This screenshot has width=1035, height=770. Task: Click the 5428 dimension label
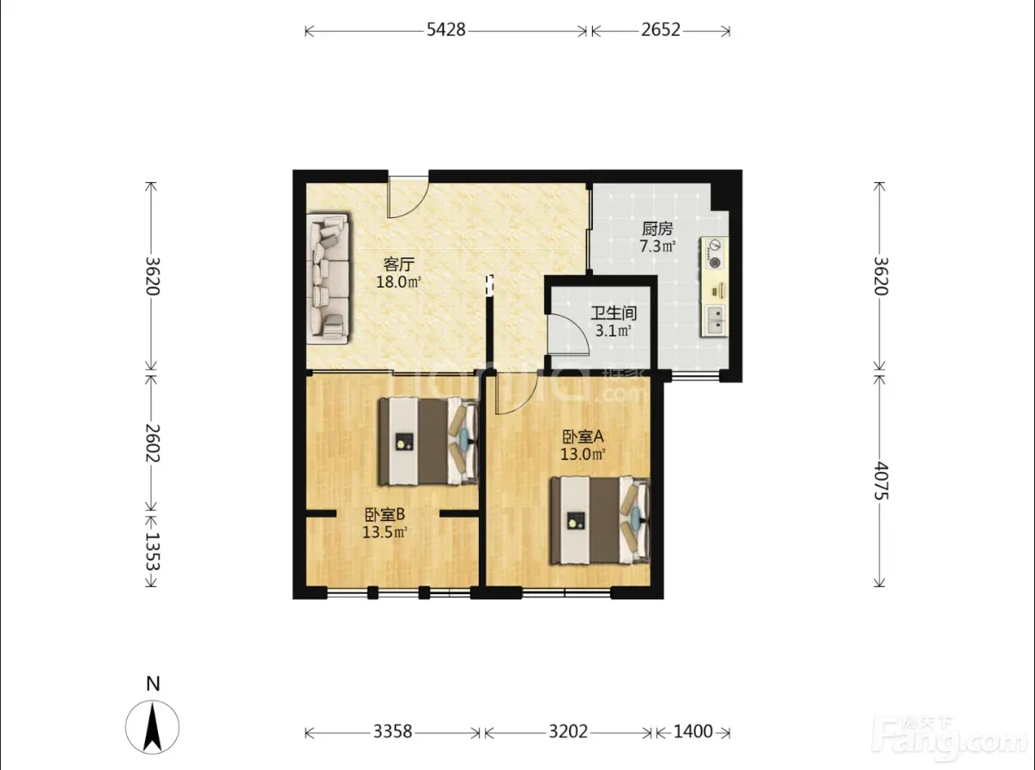tap(446, 30)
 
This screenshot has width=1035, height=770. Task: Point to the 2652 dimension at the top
tap(660, 30)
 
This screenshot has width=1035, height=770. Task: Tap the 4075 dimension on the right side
tap(880, 481)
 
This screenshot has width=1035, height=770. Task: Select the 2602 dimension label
tap(152, 443)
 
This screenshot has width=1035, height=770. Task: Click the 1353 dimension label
tap(152, 552)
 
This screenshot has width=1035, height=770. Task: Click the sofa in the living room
tap(328, 279)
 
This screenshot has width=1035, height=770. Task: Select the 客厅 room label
tap(398, 264)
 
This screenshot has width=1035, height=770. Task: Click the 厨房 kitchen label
tap(657, 229)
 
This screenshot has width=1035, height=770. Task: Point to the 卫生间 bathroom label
tap(614, 312)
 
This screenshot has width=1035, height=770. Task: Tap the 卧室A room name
tap(584, 437)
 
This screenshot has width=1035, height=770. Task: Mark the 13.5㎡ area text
tap(385, 532)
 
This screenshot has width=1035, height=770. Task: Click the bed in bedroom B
tap(428, 441)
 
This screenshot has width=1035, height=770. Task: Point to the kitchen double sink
tap(714, 320)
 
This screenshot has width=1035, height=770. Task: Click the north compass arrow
tap(152, 728)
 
